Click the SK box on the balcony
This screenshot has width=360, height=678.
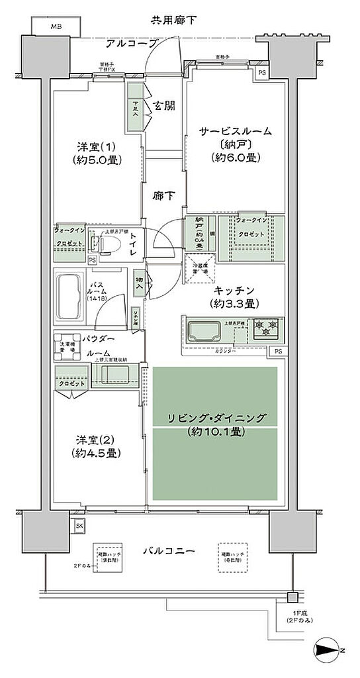pos(79,527)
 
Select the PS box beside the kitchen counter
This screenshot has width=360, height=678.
pos(279,351)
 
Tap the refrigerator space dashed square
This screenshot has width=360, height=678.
pos(198,267)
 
